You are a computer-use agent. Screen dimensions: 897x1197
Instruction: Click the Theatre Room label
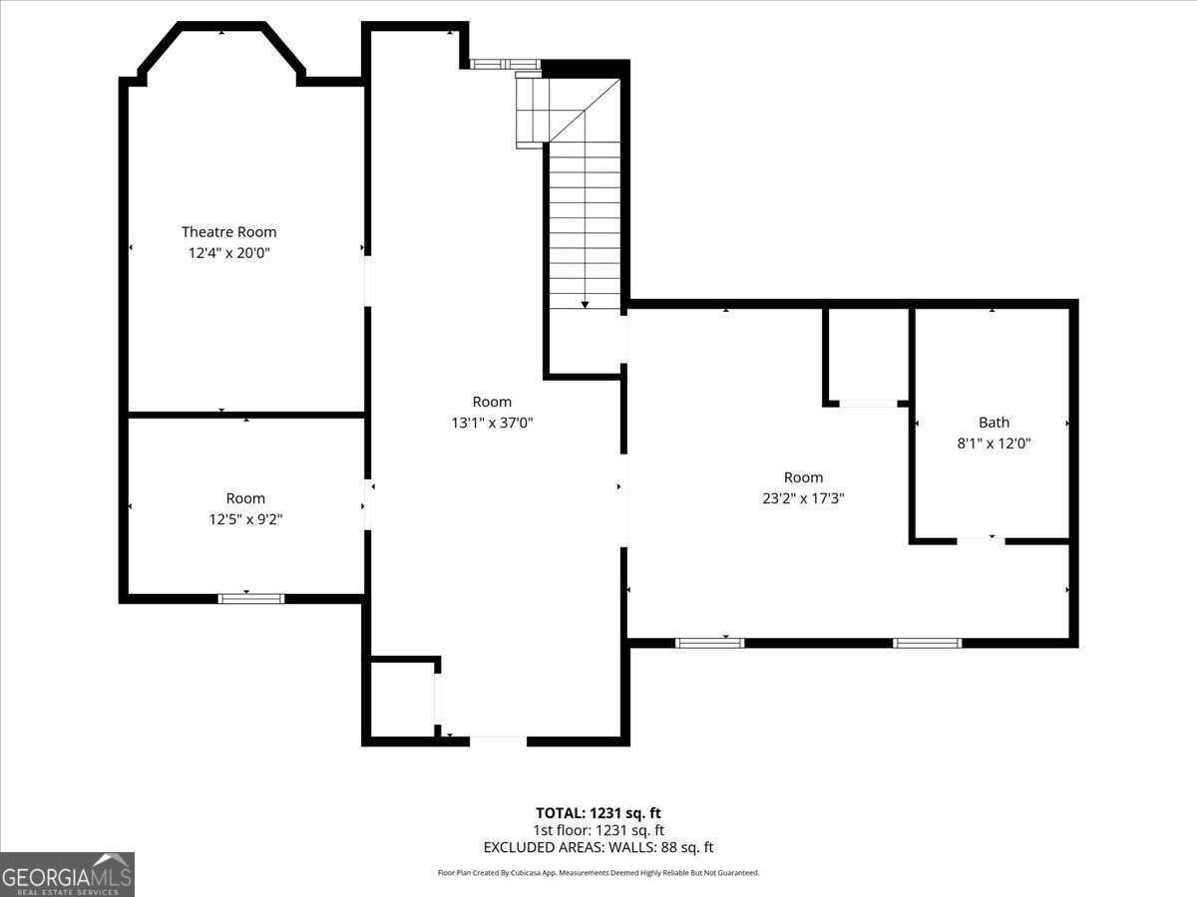click(228, 232)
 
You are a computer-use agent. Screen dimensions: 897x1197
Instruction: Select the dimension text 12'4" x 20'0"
click(228, 253)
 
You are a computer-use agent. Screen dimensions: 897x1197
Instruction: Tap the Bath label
click(994, 423)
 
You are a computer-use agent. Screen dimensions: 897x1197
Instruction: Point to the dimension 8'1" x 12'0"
click(994, 444)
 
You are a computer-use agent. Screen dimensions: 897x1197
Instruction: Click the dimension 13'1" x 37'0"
click(492, 423)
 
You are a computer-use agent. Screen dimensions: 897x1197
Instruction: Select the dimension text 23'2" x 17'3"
click(803, 498)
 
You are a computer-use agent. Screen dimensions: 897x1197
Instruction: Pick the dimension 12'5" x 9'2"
click(245, 518)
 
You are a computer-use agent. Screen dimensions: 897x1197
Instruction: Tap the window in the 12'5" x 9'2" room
click(251, 598)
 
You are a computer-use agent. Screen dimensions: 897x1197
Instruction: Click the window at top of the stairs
click(505, 65)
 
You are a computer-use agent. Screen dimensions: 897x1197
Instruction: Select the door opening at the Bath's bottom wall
click(981, 540)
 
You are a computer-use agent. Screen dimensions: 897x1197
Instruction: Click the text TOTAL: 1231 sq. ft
click(598, 813)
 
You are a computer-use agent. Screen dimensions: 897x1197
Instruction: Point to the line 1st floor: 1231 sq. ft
click(598, 830)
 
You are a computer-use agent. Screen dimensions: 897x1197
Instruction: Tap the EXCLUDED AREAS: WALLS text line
click(598, 848)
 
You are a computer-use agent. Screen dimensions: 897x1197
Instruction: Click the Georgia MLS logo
click(67, 874)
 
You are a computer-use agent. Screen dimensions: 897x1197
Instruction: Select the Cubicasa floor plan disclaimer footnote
click(598, 873)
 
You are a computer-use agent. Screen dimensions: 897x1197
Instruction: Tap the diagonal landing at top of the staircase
click(584, 111)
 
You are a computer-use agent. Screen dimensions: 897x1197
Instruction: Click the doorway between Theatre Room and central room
click(367, 281)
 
